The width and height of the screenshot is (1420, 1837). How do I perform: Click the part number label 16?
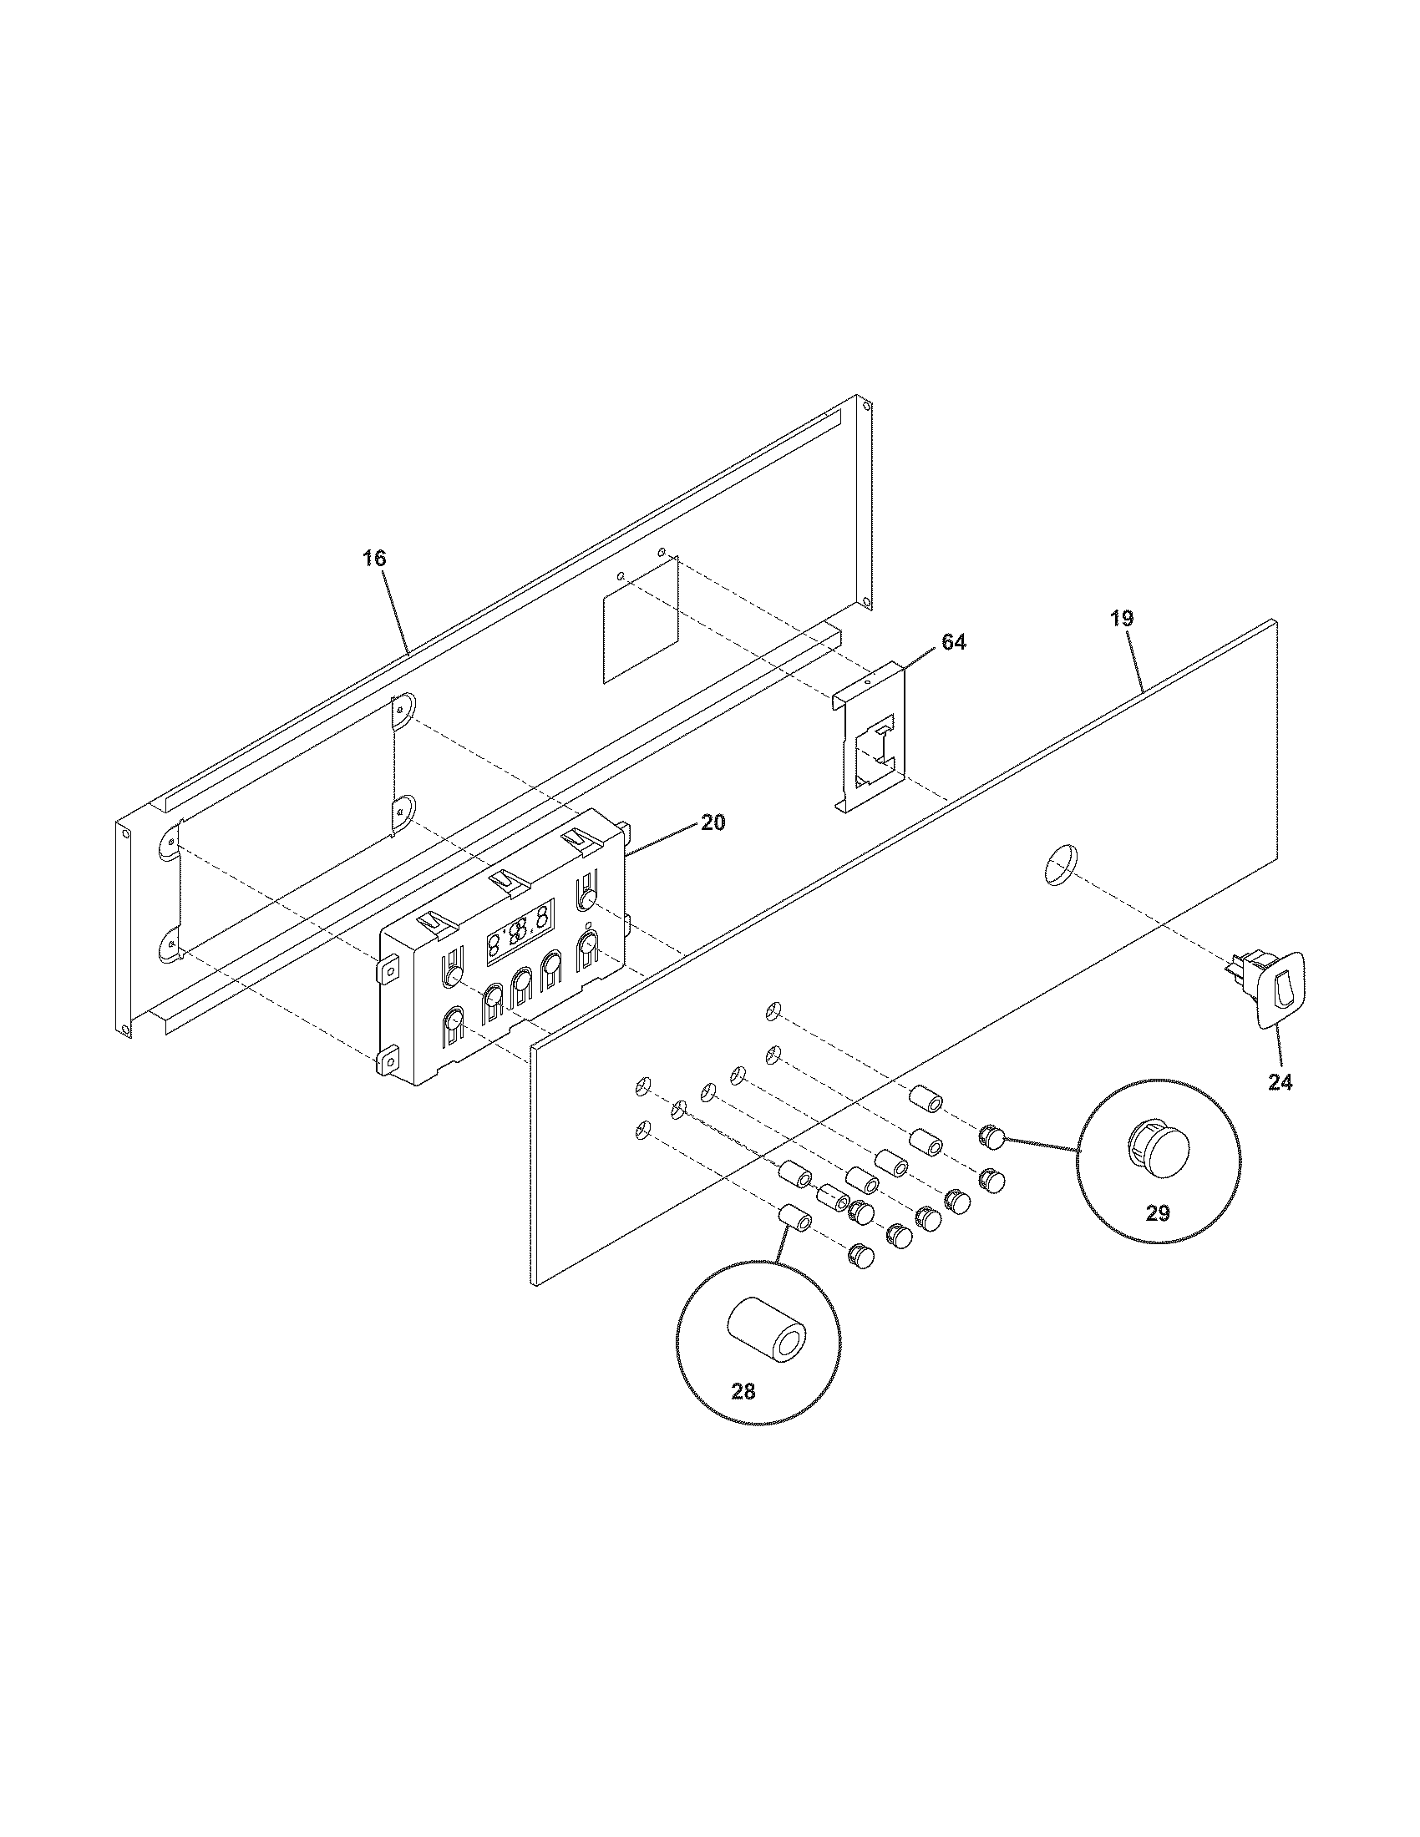374,558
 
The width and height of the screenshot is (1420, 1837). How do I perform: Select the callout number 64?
953,642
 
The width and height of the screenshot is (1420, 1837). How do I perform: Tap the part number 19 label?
1121,618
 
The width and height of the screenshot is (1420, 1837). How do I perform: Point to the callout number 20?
713,822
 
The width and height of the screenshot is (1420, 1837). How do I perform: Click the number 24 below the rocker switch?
1280,1082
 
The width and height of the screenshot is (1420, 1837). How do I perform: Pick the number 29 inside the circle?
1158,1214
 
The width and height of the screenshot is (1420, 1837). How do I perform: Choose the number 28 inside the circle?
743,1391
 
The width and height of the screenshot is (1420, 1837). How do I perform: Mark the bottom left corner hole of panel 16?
125,1030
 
